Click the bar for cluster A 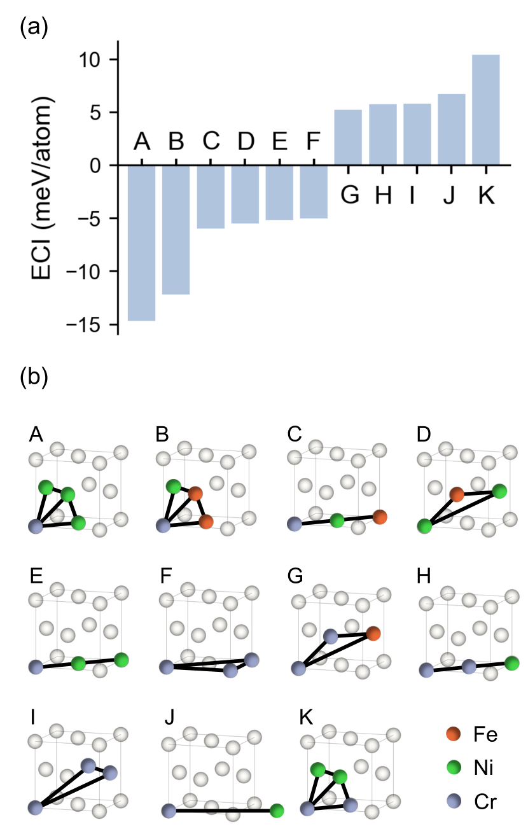(141, 242)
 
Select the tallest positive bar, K (485, 110)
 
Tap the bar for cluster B (176, 230)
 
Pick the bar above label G (348, 137)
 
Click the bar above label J (451, 130)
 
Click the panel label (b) (34, 377)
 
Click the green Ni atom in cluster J (276, 811)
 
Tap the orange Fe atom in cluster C (380, 517)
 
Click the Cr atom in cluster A (36, 526)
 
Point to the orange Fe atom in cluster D (456, 494)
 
